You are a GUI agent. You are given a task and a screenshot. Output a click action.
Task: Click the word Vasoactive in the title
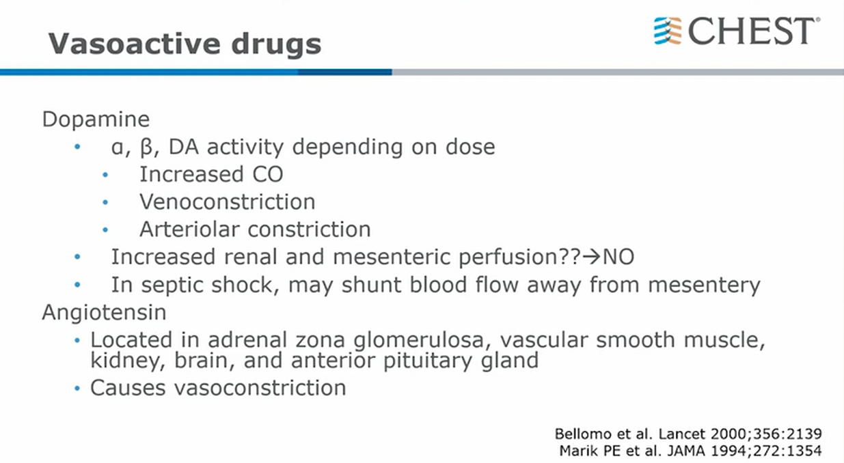coord(135,43)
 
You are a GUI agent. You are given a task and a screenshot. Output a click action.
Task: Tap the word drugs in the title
coord(277,45)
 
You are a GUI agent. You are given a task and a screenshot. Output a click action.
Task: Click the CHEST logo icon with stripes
coord(668,31)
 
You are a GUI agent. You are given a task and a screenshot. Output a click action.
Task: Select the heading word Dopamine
coord(96,119)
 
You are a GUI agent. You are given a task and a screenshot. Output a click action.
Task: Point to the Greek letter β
coord(146,148)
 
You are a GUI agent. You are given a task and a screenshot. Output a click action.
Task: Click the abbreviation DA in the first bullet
coord(184,146)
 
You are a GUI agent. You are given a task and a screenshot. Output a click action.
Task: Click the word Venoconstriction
coord(227,201)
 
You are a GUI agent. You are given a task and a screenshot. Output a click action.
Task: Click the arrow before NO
coord(592,257)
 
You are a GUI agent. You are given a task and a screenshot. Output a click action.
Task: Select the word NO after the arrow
coord(618,257)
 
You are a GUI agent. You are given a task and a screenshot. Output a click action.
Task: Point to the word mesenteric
coord(391,257)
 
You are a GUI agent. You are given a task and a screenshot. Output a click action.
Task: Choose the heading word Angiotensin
coord(104,313)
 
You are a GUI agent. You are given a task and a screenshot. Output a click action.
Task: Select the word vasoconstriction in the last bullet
coord(260,388)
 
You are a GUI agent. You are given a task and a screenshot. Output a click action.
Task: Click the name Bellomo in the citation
coord(582,434)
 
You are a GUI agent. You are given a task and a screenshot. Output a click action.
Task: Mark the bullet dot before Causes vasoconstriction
coord(77,389)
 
